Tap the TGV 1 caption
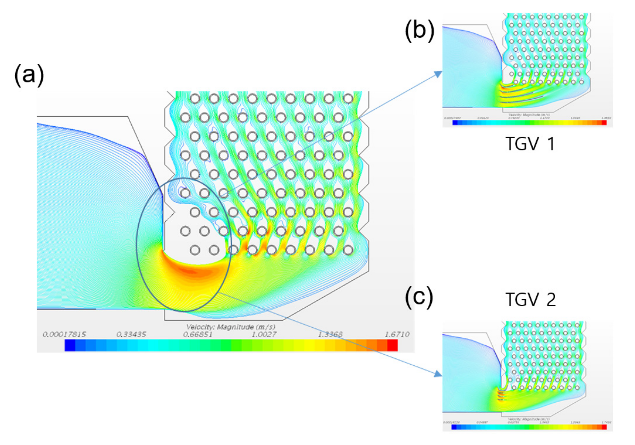click(x=530, y=144)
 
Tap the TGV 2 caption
click(x=530, y=299)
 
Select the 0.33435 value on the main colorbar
click(x=131, y=334)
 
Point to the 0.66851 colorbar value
click(x=198, y=334)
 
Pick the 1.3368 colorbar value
click(x=330, y=334)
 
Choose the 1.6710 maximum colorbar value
click(x=397, y=334)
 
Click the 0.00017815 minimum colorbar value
click(x=64, y=334)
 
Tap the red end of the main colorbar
click(x=392, y=345)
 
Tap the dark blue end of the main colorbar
click(x=70, y=345)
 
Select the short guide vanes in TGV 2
click(x=500, y=396)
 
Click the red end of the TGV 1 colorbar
click(x=604, y=122)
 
